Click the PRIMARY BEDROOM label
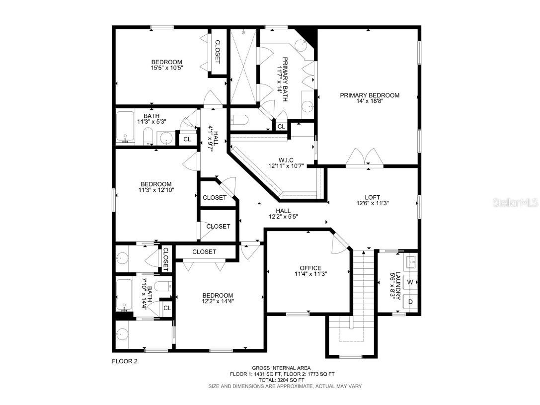coord(370,95)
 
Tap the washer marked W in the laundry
coord(410,282)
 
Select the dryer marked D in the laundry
coord(410,302)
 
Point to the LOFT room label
coord(372,197)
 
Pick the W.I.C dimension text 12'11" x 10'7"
coord(285,166)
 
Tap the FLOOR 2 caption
coord(124,361)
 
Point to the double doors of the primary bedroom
coord(365,157)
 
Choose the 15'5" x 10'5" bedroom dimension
coord(167,68)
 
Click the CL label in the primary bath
coord(281,127)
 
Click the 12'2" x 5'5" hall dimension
coord(280,217)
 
